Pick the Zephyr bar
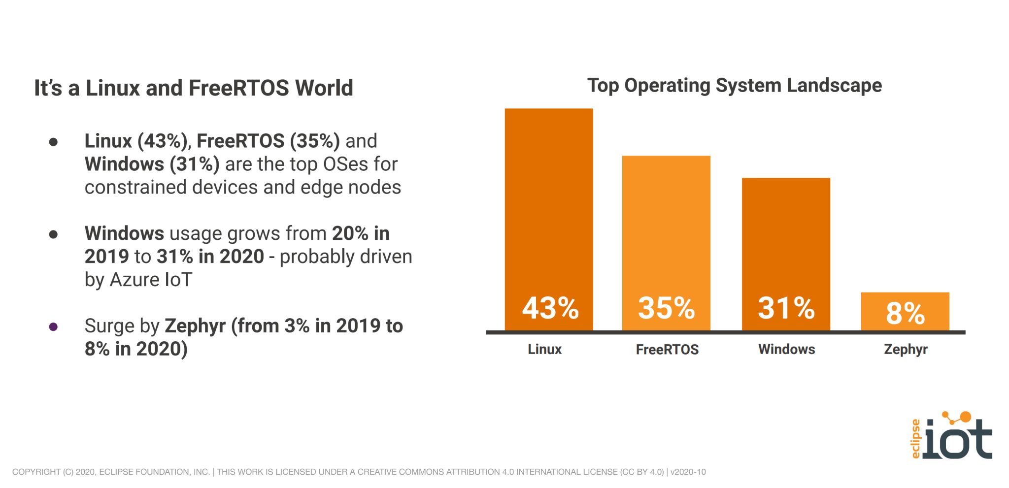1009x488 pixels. (x=905, y=311)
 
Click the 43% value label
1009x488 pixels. (x=550, y=308)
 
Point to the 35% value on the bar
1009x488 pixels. (x=666, y=308)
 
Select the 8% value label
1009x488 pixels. (x=905, y=313)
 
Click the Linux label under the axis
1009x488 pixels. (x=544, y=349)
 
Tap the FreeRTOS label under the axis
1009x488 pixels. (x=667, y=350)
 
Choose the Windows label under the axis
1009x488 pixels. (x=786, y=349)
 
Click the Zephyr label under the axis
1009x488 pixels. (x=906, y=350)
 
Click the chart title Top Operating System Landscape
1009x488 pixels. (x=734, y=86)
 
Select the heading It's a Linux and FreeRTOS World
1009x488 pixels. (x=193, y=88)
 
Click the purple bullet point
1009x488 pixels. (x=54, y=326)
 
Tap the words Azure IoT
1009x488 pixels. (x=151, y=280)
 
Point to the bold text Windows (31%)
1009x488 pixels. (x=152, y=164)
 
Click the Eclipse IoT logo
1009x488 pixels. (x=951, y=436)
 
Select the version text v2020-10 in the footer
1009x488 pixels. (x=688, y=472)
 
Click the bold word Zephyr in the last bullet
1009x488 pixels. (x=195, y=326)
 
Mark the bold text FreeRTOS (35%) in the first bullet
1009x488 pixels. (x=268, y=141)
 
